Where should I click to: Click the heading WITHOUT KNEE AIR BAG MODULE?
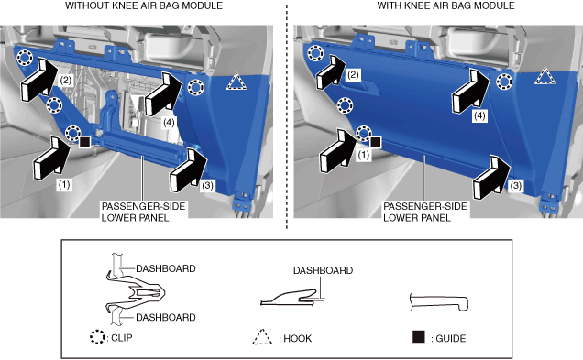144,5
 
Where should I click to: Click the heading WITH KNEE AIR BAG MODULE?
445,5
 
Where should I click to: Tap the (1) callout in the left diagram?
64,185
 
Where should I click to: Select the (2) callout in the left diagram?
66,81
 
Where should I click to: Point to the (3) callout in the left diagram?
207,185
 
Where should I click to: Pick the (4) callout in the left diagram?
169,122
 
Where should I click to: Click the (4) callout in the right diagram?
479,116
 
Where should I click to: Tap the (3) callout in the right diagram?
515,185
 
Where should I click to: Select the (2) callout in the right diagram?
353,75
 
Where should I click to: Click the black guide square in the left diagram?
84,142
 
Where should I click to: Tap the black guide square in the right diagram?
376,142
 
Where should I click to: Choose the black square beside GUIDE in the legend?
419,336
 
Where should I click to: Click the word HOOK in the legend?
297,338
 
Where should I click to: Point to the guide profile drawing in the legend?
439,301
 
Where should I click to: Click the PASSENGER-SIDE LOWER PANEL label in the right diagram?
425,212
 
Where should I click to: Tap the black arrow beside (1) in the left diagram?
52,158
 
